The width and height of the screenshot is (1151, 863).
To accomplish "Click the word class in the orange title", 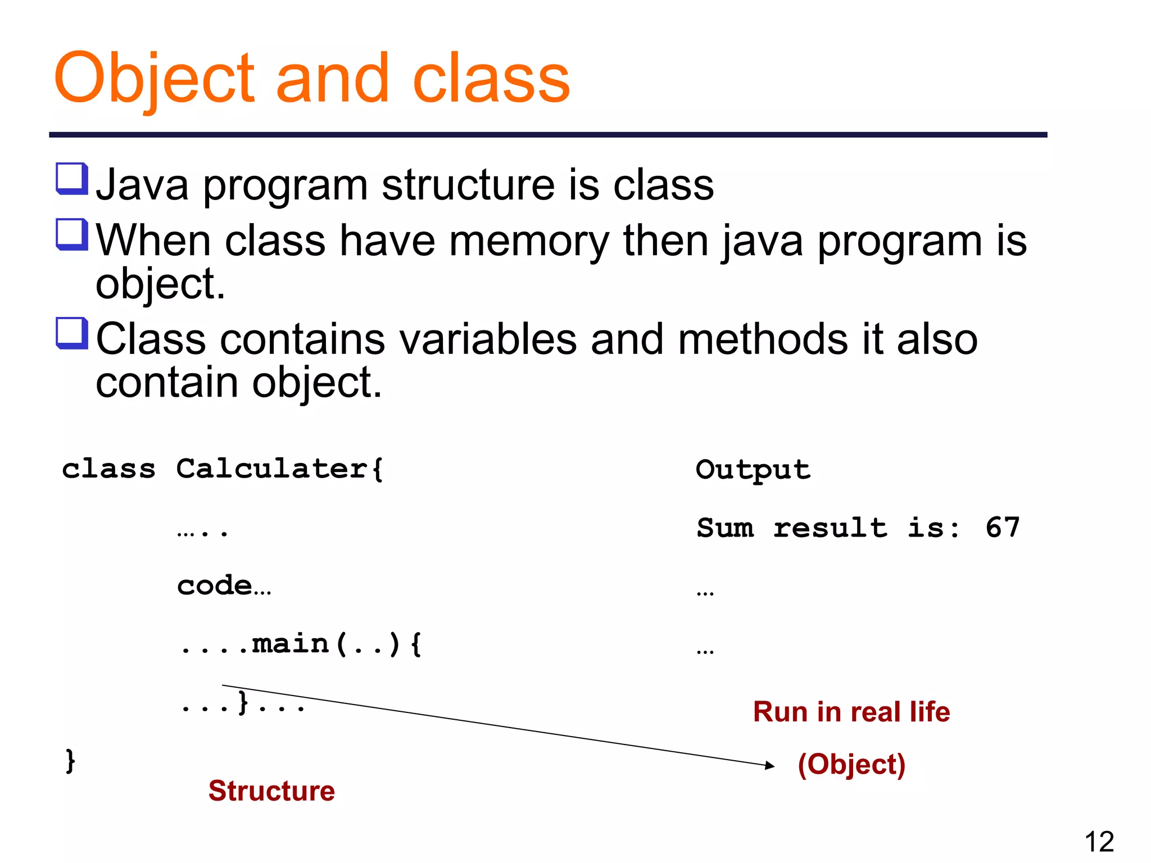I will click(x=491, y=79).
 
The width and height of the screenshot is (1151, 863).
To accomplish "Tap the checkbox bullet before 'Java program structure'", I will click(x=72, y=178).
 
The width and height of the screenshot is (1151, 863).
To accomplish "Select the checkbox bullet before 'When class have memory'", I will click(x=72, y=234).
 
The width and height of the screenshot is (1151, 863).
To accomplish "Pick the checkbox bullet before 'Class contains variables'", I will click(x=72, y=333).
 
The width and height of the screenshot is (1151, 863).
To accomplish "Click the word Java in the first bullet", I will click(x=142, y=185).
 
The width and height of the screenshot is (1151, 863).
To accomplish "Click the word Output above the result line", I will click(x=753, y=470).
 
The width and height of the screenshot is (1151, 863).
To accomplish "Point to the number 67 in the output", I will click(x=1002, y=528).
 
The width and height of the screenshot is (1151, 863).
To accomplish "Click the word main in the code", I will click(x=290, y=643).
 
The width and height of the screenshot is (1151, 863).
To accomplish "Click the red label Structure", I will click(x=271, y=791).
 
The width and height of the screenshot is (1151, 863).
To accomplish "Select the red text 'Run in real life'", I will click(x=851, y=711).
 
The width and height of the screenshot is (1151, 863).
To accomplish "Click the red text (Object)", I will click(x=851, y=764).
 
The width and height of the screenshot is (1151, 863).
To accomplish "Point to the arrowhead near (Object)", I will click(x=771, y=765).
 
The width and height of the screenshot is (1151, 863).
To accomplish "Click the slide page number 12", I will click(x=1099, y=841).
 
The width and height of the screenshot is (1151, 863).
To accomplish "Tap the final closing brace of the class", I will click(x=70, y=761).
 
